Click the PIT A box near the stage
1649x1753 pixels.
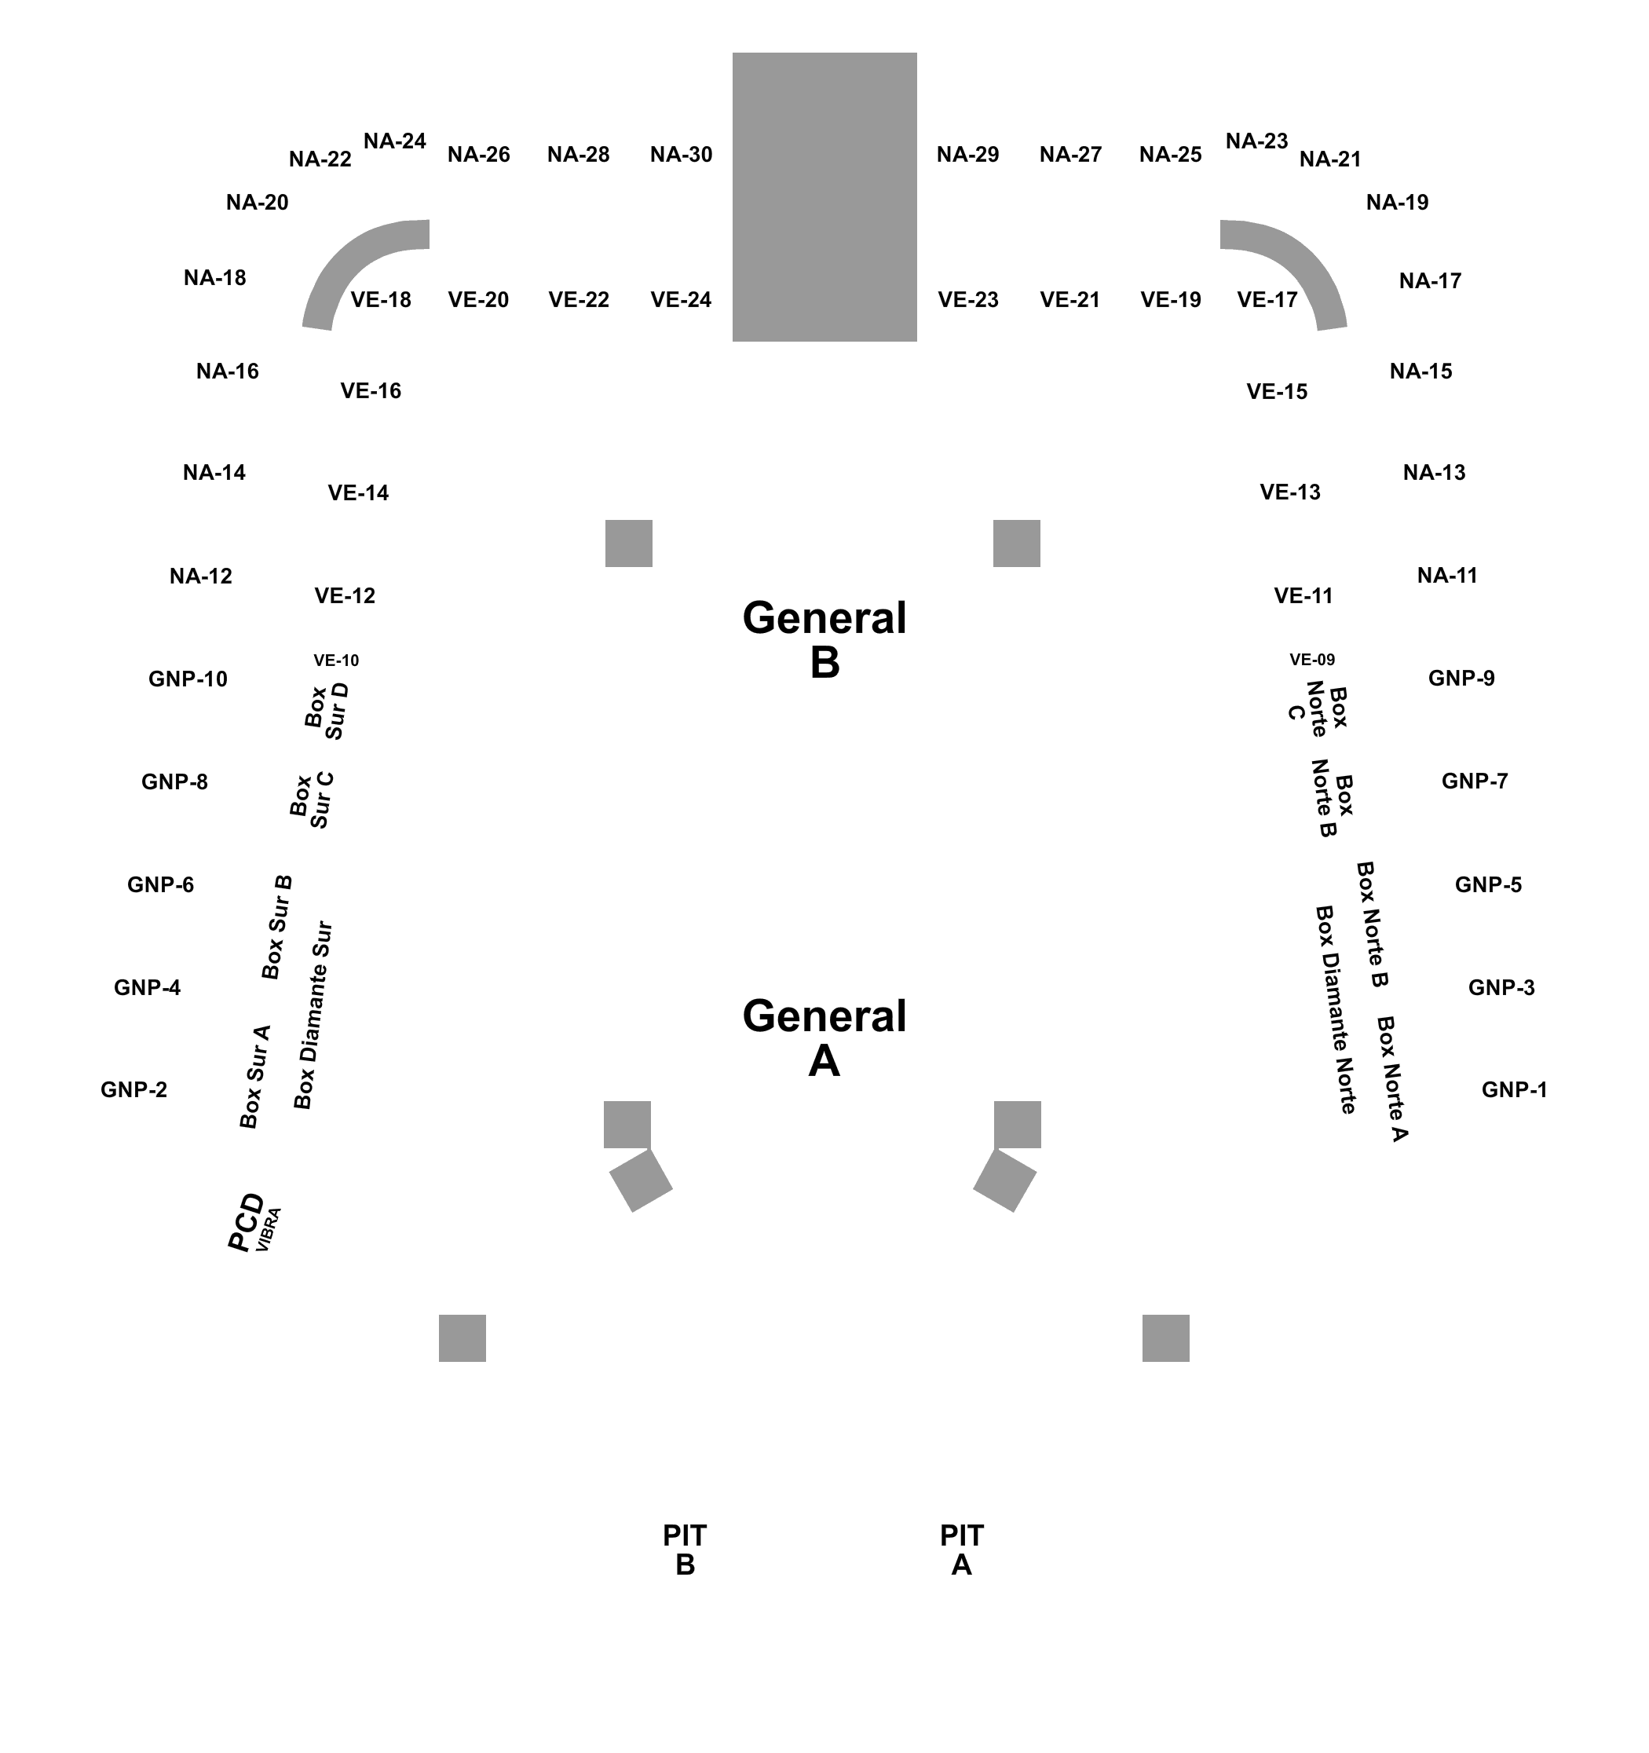tap(961, 1550)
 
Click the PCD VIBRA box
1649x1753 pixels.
tap(251, 1223)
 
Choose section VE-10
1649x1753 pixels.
tap(336, 661)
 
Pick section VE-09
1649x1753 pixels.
tap(1312, 660)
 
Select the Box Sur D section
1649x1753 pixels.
tap(327, 709)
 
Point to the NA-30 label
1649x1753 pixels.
tap(681, 154)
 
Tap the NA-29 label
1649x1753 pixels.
tap(967, 154)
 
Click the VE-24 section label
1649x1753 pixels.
tap(681, 300)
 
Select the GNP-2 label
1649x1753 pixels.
tap(134, 1089)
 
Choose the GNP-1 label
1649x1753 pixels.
tap(1514, 1089)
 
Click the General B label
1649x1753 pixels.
tap(824, 639)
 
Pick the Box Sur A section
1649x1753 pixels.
tap(255, 1078)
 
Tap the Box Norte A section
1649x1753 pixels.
tap(1392, 1078)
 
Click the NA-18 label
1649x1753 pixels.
tap(214, 278)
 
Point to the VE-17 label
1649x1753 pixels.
tap(1267, 300)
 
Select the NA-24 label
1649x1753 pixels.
tap(395, 141)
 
